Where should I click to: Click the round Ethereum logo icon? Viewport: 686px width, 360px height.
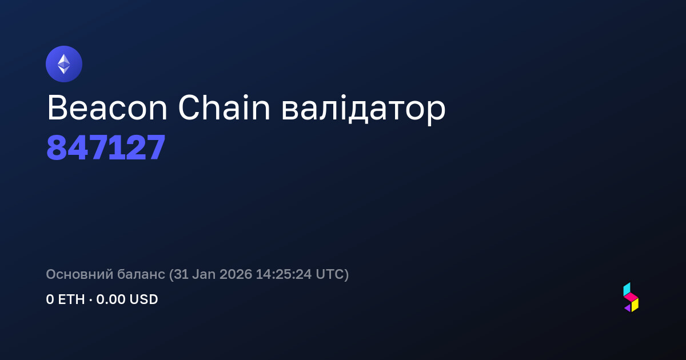pos(64,64)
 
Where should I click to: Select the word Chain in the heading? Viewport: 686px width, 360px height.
pos(224,107)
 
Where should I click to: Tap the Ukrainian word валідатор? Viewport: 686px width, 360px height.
pos(363,110)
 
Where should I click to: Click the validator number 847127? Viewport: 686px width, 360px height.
pos(106,147)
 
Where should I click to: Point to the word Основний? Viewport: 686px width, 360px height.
pos(79,274)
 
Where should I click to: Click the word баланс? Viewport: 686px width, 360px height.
pos(141,274)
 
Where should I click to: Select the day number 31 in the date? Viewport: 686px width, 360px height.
pos(181,274)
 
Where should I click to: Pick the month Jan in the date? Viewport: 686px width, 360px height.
pos(204,274)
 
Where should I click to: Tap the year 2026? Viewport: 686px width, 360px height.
pos(236,274)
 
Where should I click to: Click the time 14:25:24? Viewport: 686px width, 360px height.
pos(284,274)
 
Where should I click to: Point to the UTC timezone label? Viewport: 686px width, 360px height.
pos(330,274)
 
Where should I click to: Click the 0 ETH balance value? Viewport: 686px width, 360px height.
pos(65,299)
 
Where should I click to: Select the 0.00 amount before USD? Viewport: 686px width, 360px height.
pos(111,299)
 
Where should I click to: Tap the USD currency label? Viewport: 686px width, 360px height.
pos(143,299)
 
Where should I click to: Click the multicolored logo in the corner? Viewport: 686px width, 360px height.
pos(631,297)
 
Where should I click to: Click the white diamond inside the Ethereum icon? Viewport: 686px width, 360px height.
pos(64,64)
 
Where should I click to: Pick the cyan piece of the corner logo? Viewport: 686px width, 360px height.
pos(627,289)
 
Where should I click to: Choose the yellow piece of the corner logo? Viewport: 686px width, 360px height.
pos(635,305)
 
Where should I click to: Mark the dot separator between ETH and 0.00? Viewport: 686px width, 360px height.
pos(91,300)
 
